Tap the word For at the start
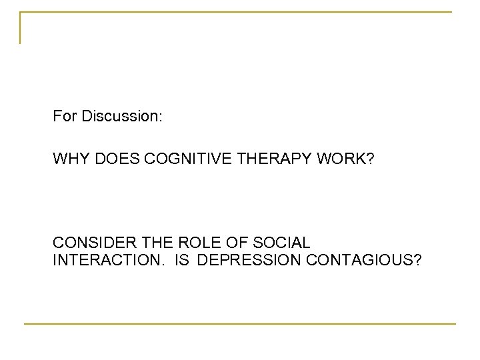click(x=65, y=117)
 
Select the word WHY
click(x=69, y=159)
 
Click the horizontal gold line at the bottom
click(x=240, y=324)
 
